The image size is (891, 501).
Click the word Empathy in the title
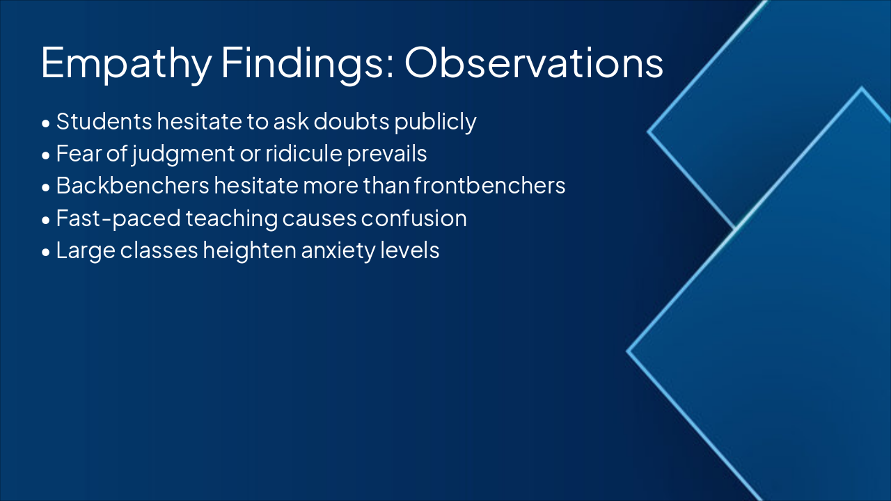pyautogui.click(x=126, y=63)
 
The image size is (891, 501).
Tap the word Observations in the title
pyautogui.click(x=534, y=62)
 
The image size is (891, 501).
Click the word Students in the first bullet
pyautogui.click(x=104, y=121)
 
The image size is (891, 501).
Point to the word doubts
pyautogui.click(x=352, y=121)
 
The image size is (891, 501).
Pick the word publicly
pyautogui.click(x=436, y=122)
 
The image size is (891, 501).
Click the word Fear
pyautogui.click(x=79, y=154)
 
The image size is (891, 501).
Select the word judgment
pyautogui.click(x=183, y=154)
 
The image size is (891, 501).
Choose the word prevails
pyautogui.click(x=387, y=154)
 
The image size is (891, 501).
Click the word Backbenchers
pyautogui.click(x=132, y=185)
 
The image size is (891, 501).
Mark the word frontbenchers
pyautogui.click(x=489, y=185)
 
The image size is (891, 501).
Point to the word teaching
pyautogui.click(x=232, y=218)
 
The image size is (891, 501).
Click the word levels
pyautogui.click(x=410, y=250)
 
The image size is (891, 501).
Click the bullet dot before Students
pyautogui.click(x=46, y=123)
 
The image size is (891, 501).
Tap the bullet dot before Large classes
pyautogui.click(x=46, y=252)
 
